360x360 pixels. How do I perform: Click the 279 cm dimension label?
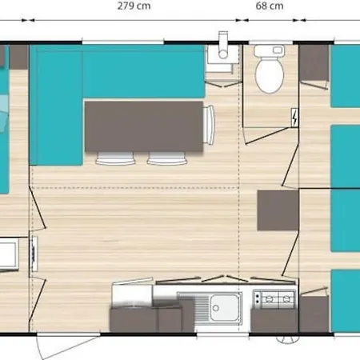click(134, 6)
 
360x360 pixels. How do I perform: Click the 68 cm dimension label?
click(270, 6)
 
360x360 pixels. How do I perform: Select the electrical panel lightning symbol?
click(294, 118)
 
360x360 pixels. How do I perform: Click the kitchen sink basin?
click(224, 309)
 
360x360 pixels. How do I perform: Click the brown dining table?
click(144, 126)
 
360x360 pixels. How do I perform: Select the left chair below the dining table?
click(115, 158)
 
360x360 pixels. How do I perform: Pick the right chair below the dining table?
click(167, 158)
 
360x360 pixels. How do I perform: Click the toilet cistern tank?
click(270, 50)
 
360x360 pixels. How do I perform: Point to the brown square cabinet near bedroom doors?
click(278, 210)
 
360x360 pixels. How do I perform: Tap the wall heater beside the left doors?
click(34, 254)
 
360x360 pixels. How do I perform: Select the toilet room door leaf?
click(267, 136)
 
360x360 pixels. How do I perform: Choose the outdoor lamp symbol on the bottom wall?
click(287, 339)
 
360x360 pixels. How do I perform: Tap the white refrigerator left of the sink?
click(132, 294)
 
